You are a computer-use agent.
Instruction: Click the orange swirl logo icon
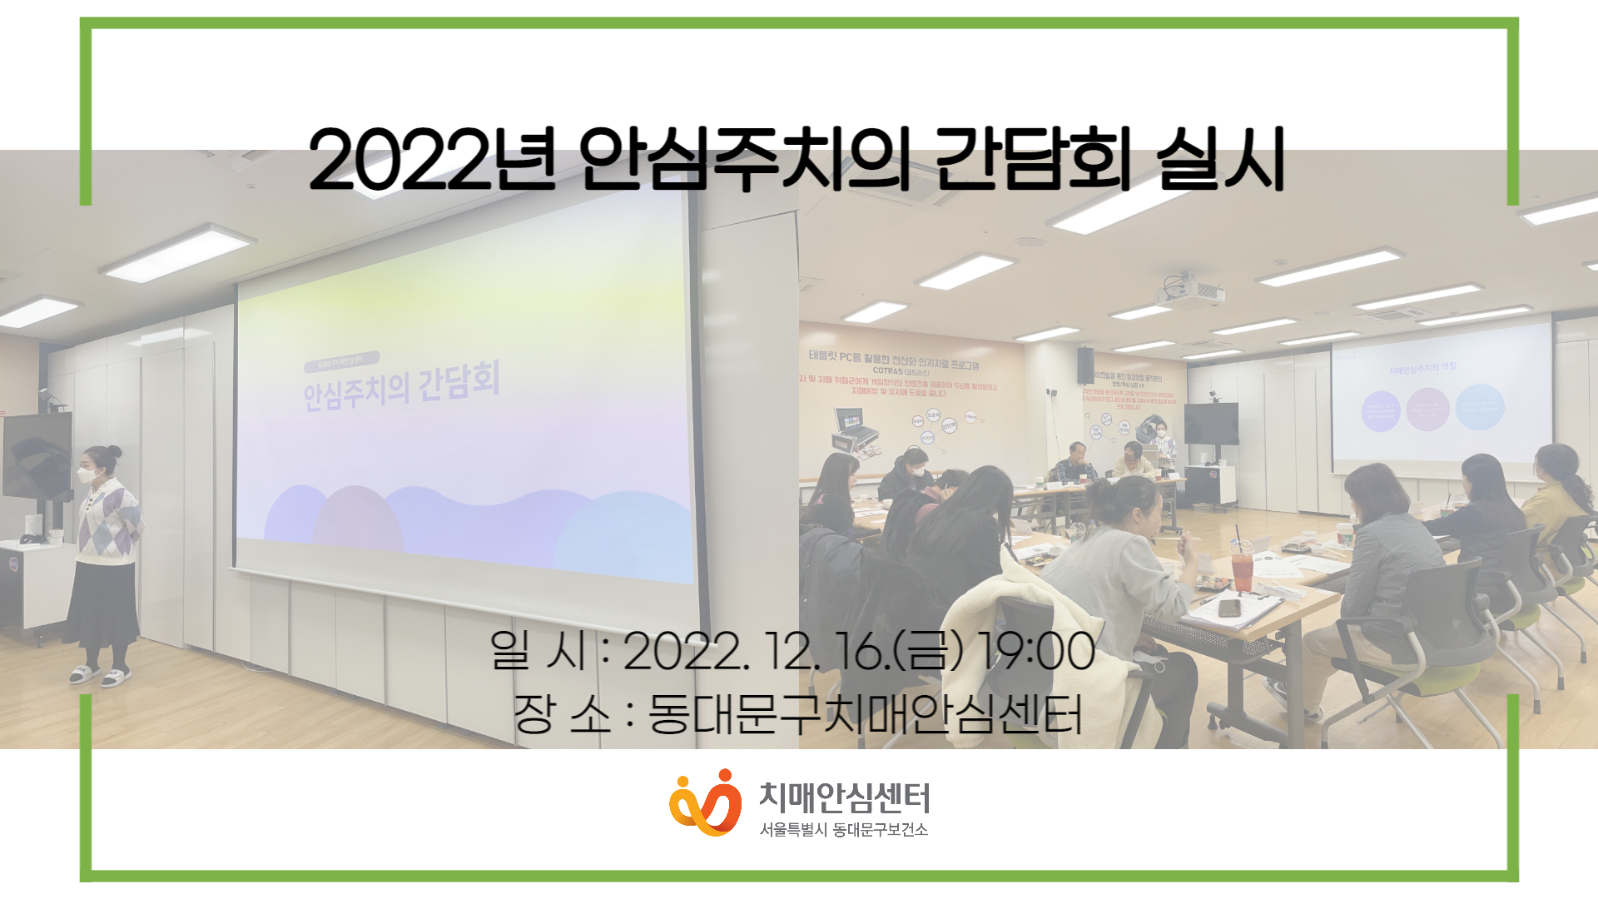pyautogui.click(x=705, y=802)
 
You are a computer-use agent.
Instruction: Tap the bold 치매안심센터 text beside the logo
pyautogui.click(x=844, y=797)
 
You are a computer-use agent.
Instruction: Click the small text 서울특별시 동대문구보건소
pyautogui.click(x=843, y=830)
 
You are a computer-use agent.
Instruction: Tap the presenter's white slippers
pyautogui.click(x=100, y=676)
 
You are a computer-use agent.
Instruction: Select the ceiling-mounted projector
pyautogui.click(x=1191, y=291)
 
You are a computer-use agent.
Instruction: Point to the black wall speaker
pyautogui.click(x=1085, y=365)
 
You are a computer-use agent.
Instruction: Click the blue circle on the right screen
pyautogui.click(x=1479, y=408)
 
